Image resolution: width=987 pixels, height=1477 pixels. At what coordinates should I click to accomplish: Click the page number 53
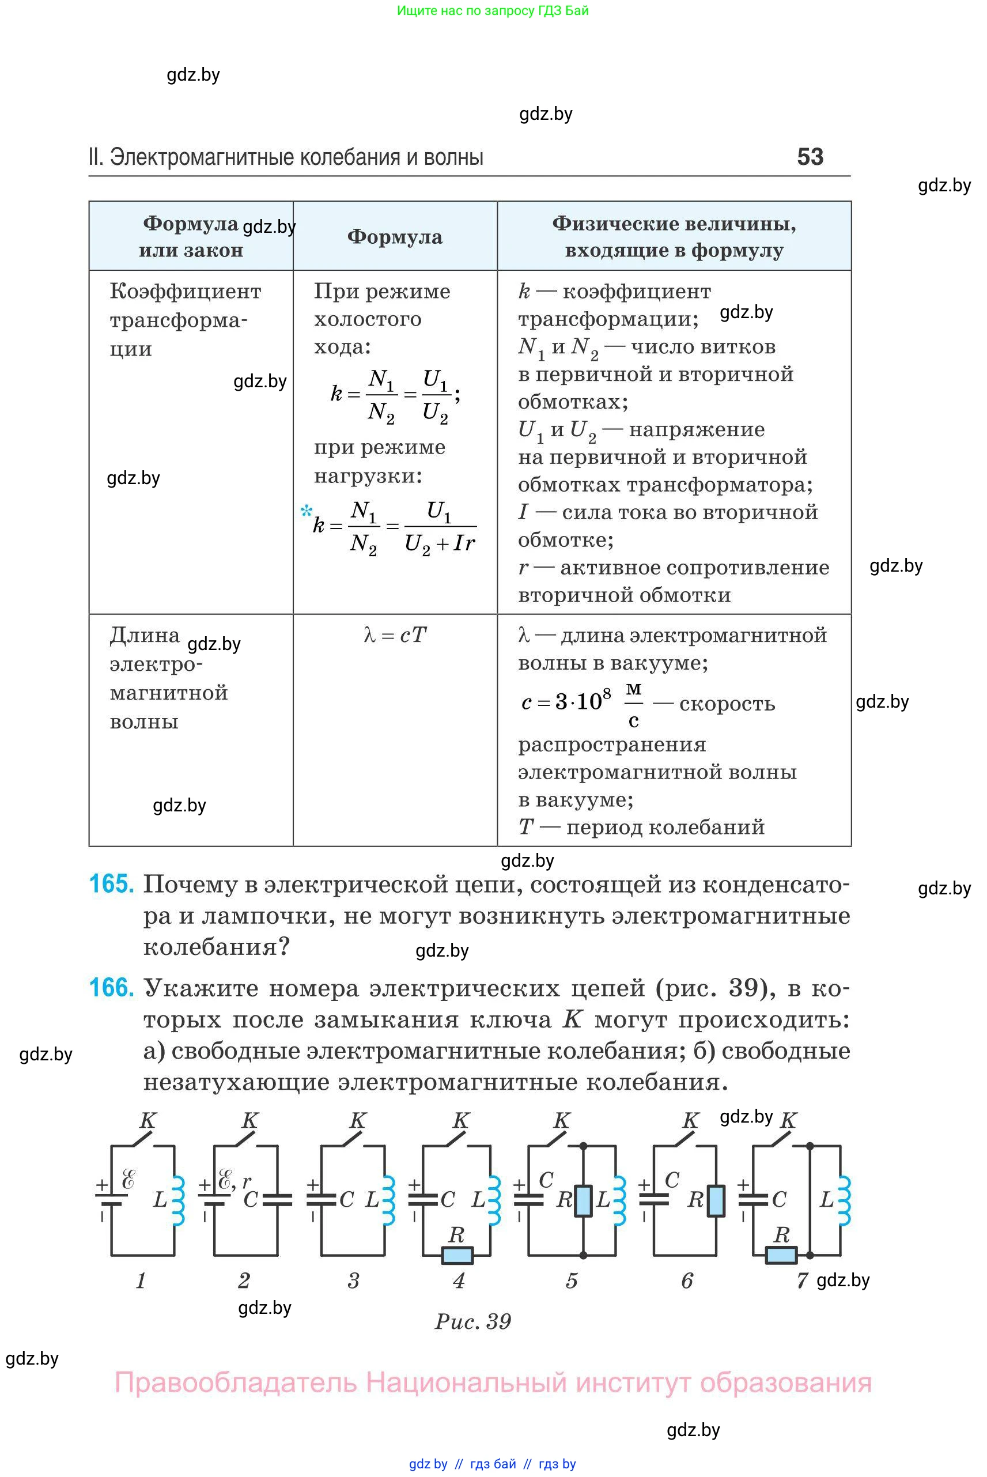(x=810, y=157)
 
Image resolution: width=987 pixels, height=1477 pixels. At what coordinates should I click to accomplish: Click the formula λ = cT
(x=395, y=634)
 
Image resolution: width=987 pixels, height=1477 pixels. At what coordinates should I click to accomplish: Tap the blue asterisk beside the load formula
(x=307, y=511)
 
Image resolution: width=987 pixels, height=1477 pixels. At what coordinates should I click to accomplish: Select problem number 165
(x=111, y=884)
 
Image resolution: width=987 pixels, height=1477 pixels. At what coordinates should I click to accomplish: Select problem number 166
(x=111, y=987)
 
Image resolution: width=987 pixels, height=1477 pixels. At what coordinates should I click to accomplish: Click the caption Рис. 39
(x=472, y=1321)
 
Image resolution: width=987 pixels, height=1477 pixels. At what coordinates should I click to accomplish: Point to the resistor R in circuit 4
(x=457, y=1255)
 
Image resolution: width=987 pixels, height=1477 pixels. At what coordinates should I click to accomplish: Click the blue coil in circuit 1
(x=178, y=1200)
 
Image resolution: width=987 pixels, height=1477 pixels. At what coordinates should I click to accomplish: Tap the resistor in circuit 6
(x=716, y=1200)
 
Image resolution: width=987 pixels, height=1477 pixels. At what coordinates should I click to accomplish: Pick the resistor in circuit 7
(x=781, y=1255)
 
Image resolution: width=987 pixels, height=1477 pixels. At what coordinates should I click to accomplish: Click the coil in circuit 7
(x=844, y=1200)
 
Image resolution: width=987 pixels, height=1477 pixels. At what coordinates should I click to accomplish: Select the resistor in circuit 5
(x=584, y=1200)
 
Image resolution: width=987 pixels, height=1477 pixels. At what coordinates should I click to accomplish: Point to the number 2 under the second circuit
(x=244, y=1280)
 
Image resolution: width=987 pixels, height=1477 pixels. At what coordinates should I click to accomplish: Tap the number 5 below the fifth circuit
(x=572, y=1280)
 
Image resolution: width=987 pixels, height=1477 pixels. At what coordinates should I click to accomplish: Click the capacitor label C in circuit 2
(x=251, y=1200)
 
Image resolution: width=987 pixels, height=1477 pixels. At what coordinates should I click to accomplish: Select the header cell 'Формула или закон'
(x=191, y=237)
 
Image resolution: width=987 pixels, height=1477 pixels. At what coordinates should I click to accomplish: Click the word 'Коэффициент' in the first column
(x=185, y=292)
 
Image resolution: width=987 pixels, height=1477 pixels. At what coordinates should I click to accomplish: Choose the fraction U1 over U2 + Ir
(x=440, y=527)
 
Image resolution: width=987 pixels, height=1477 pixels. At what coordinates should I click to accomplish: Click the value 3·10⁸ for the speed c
(x=583, y=701)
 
